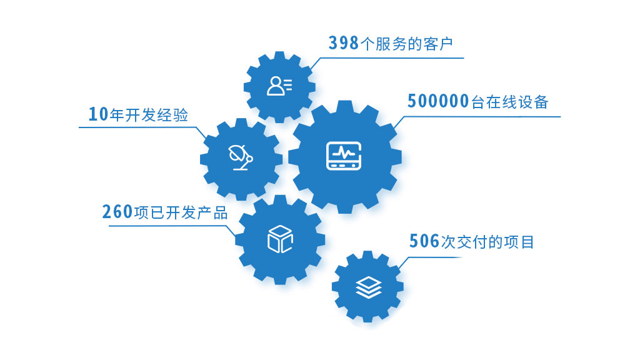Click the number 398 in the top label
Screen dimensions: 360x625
344,43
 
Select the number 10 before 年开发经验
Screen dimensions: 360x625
97,114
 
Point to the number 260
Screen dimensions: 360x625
117,212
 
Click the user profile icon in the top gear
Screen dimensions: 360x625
279,86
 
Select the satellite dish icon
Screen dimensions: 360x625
241,157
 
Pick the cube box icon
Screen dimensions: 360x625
280,239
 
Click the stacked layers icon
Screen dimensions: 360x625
367,286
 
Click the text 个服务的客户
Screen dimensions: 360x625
406,44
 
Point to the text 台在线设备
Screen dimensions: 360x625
509,102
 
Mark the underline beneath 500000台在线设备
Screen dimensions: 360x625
481,116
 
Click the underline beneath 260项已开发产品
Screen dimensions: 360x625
169,226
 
